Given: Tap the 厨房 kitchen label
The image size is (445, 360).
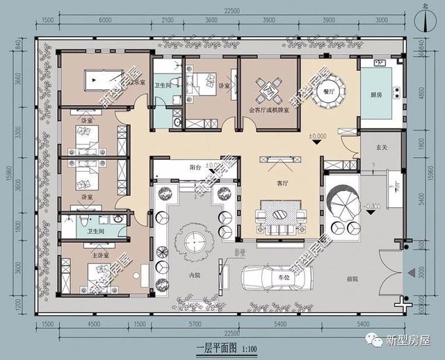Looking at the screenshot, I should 375,95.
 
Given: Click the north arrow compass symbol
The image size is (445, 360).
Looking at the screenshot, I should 424,19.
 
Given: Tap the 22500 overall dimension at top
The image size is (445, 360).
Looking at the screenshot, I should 222,10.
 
